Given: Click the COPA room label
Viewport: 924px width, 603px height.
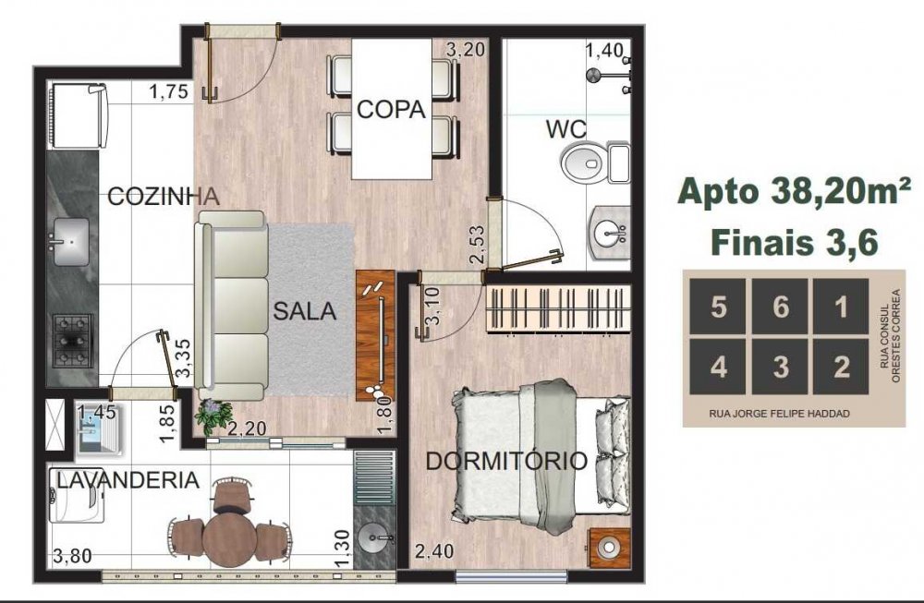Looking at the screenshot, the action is (x=391, y=110).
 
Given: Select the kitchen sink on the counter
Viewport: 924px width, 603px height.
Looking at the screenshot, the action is (x=72, y=241).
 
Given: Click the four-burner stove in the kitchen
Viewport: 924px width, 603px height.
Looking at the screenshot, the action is (x=73, y=341).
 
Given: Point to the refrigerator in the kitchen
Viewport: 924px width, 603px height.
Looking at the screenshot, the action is (x=79, y=115).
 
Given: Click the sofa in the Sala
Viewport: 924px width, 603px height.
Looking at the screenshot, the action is (x=230, y=306).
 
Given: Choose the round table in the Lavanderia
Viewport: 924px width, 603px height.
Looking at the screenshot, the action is (x=229, y=538).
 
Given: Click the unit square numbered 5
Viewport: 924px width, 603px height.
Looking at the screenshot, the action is (x=718, y=307).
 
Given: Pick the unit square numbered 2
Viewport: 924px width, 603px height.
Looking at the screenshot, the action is (x=841, y=367).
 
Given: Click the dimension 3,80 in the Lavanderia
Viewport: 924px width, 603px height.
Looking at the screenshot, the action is (x=72, y=555).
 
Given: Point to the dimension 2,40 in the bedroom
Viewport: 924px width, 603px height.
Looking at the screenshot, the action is (x=434, y=552).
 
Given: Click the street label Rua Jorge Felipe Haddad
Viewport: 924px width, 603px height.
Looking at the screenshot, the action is (x=779, y=414).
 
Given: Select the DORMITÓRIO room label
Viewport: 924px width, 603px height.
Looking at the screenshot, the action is (x=506, y=461).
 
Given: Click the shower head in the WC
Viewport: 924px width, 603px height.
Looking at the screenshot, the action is (x=593, y=74).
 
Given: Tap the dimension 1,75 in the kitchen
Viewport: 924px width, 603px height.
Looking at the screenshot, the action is (x=168, y=91).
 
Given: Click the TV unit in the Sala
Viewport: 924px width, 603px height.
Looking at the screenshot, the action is (x=375, y=335).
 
